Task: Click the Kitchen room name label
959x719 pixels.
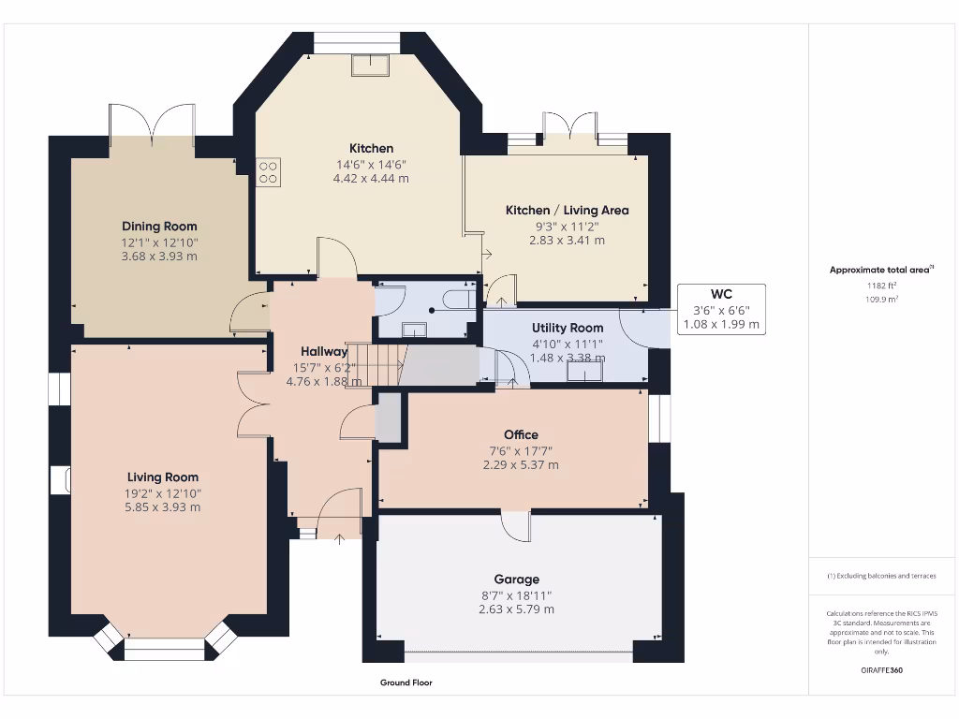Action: coord(371,148)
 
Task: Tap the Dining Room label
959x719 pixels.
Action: coord(159,226)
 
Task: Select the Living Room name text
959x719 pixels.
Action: coord(163,477)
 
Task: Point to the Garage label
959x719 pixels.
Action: coord(516,579)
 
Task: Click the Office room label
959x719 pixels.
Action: coord(521,434)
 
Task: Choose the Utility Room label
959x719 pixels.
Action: coord(568,328)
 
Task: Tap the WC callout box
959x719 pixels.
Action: coord(721,309)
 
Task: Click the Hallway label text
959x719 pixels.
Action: coord(324,351)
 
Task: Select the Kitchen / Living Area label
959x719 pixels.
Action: coord(567,210)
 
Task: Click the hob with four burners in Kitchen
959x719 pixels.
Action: coord(268,170)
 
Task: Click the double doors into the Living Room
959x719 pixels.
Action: coord(253,404)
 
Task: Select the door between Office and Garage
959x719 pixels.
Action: coord(516,525)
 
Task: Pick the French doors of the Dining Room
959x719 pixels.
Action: coord(153,122)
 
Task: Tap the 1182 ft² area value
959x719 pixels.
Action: coord(879,285)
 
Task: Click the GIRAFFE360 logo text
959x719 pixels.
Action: coord(881,670)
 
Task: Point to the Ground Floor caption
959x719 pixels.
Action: coord(406,682)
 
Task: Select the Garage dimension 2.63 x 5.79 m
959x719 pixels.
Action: coord(516,609)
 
